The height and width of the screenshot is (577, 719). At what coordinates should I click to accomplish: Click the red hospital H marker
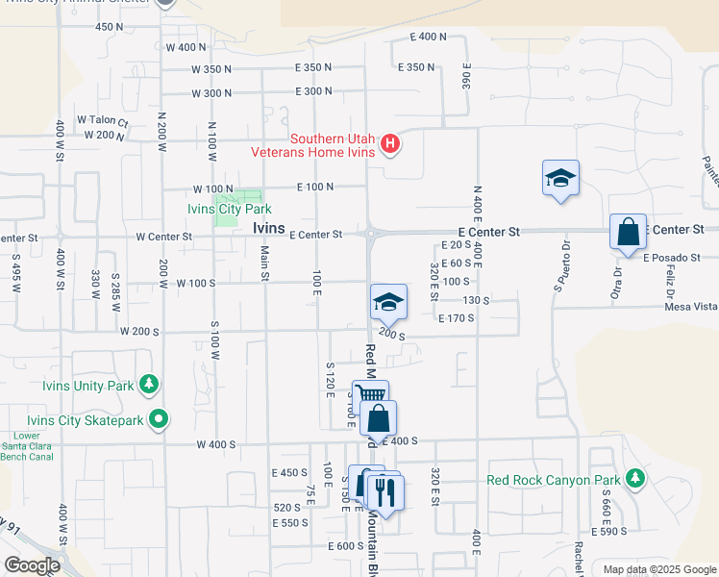click(390, 145)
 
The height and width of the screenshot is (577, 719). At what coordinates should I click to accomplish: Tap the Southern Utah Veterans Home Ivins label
click(312, 144)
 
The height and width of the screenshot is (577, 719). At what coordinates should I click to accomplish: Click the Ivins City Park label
click(229, 209)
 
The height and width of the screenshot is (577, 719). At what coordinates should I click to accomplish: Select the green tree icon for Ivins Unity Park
click(149, 386)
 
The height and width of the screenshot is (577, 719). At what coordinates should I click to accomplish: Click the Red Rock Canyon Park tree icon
click(633, 479)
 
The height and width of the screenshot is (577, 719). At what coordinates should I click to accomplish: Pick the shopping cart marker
click(370, 395)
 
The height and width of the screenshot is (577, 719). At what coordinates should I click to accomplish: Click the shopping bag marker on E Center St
click(628, 232)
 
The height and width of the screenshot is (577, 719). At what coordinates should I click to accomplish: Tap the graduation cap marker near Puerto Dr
click(560, 178)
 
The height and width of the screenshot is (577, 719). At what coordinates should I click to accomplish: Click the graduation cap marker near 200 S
click(388, 302)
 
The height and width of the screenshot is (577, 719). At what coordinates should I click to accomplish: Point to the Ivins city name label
click(269, 228)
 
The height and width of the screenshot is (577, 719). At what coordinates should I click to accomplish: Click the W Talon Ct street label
click(103, 120)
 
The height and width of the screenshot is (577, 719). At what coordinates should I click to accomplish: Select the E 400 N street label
click(428, 37)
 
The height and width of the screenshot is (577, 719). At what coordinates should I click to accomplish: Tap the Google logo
click(31, 565)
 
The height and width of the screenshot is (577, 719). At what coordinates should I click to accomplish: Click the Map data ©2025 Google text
click(658, 569)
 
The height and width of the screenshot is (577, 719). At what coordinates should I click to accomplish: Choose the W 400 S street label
click(215, 444)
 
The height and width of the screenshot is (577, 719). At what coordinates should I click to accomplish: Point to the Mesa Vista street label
click(691, 307)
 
